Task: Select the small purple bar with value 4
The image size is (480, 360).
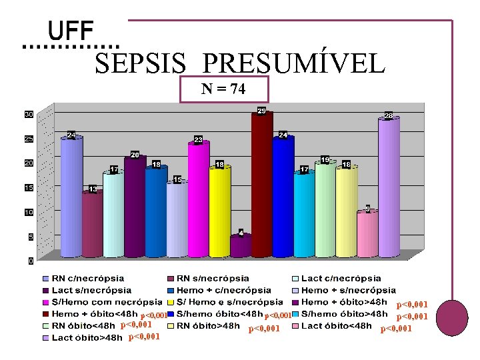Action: (241, 245)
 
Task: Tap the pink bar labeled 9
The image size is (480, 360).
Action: (367, 233)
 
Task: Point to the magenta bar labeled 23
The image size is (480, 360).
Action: (199, 200)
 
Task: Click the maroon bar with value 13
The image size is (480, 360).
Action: (93, 224)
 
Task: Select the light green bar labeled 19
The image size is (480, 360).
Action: (325, 210)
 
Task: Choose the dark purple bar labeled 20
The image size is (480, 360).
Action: (135, 207)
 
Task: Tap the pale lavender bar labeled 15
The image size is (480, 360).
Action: (177, 219)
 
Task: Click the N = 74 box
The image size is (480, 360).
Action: (224, 89)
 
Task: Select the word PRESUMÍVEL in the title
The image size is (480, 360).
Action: (293, 64)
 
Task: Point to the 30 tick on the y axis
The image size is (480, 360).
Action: (30, 115)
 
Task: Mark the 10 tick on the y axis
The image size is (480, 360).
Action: (30, 213)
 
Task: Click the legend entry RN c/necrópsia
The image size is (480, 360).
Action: (87, 278)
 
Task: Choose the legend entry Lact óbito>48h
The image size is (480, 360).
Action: (87, 338)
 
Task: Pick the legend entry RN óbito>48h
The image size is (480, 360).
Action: (211, 326)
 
